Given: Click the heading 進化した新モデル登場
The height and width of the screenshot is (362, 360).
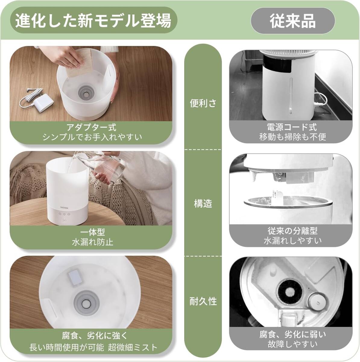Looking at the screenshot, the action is [93, 21].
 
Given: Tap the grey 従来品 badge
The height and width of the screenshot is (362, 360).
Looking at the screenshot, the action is [293, 21].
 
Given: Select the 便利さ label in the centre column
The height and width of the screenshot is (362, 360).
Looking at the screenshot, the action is [203, 103].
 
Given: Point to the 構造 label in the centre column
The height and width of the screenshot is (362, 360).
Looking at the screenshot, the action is [203, 204].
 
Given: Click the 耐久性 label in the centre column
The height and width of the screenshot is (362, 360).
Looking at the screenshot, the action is [203, 301].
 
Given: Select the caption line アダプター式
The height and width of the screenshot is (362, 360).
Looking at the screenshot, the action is [91, 127].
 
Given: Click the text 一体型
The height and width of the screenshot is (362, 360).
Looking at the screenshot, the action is [92, 232].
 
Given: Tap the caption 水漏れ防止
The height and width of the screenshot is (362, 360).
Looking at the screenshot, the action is [93, 242].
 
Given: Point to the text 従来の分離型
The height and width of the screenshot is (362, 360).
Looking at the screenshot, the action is [292, 231].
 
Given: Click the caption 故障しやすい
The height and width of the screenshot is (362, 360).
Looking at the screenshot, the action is [292, 344].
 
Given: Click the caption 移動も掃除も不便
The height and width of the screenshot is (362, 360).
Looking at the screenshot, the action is [292, 137].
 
